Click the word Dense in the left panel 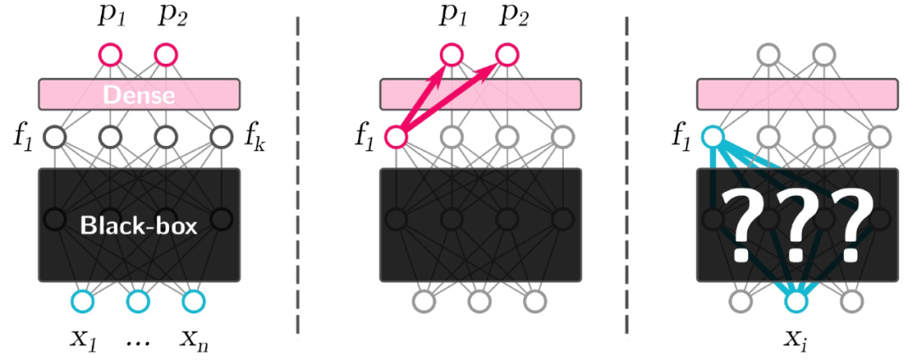pos(139,94)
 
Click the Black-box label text pos(138,225)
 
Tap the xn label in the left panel pos(194,340)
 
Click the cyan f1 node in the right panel pos(712,136)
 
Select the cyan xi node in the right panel pos(796,301)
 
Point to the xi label pos(796,340)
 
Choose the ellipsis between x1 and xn pos(138,342)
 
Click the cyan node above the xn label pos(194,301)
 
